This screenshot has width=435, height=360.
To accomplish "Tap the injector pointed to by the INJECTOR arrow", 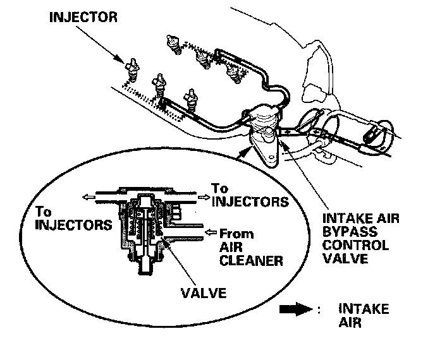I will (132, 70).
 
